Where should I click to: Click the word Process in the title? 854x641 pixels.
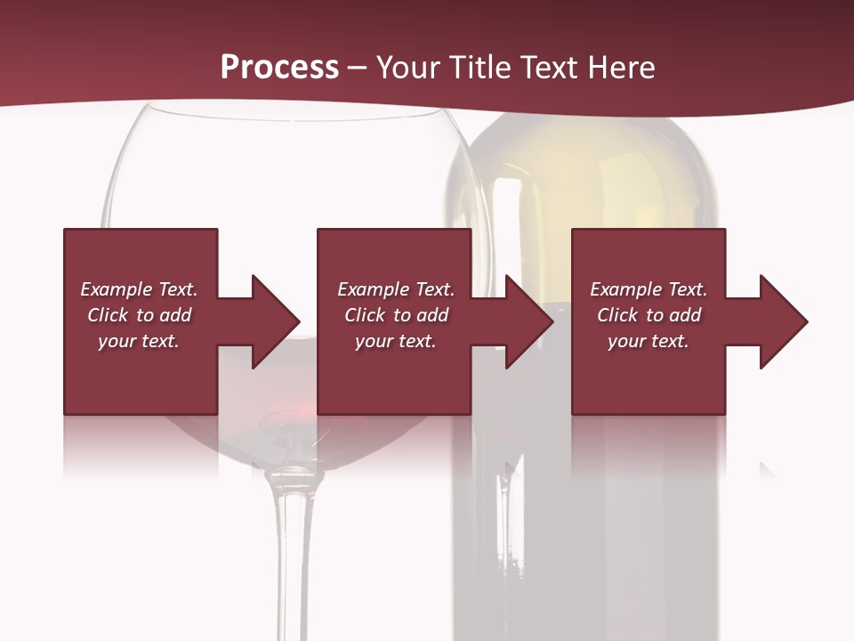tap(279, 68)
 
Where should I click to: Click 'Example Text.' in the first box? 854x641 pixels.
tap(139, 289)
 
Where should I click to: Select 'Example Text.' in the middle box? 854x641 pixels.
tap(396, 289)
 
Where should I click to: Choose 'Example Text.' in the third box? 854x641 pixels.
tap(649, 289)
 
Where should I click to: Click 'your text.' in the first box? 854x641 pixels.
tap(139, 341)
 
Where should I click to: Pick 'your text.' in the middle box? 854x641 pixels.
tap(396, 341)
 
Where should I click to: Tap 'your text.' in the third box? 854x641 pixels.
tap(649, 341)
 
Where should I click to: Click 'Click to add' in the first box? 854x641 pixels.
tap(139, 315)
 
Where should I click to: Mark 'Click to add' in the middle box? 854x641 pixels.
tap(396, 315)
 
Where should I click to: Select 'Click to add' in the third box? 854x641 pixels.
tap(649, 315)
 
